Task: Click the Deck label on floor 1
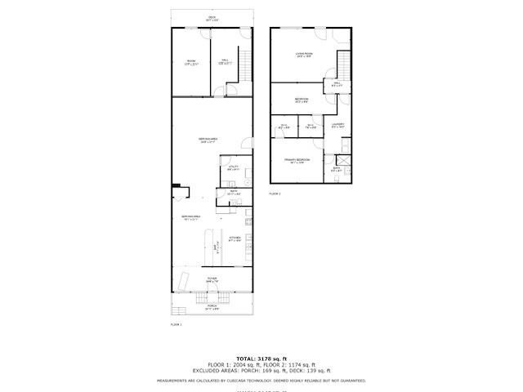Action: pos(211,18)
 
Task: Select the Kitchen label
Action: pos(235,238)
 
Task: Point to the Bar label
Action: pos(216,248)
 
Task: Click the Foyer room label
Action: pos(212,279)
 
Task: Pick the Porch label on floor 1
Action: pos(212,308)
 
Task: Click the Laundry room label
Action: pos(338,126)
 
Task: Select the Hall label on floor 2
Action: pos(337,83)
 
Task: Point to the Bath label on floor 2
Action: pos(337,169)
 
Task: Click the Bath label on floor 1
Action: pos(233,193)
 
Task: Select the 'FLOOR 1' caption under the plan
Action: pos(176,324)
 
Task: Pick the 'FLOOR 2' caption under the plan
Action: pos(275,194)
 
